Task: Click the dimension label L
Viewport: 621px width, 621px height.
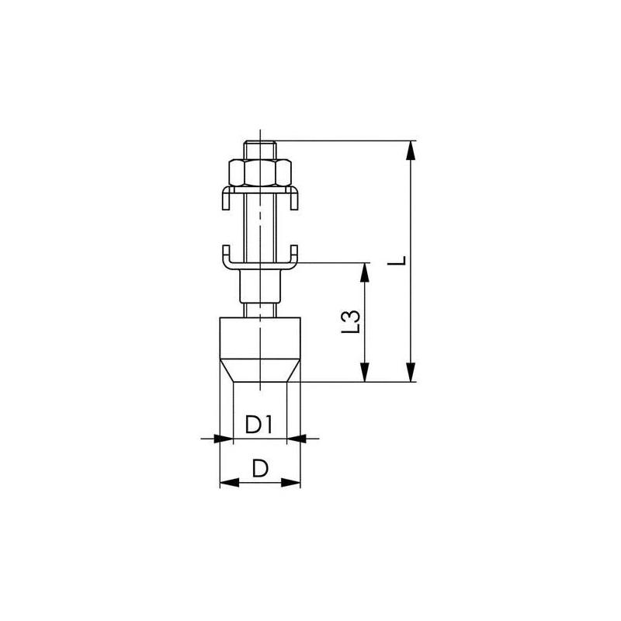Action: (397, 262)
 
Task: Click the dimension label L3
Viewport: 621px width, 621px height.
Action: (352, 322)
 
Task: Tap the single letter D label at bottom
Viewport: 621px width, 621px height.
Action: (260, 468)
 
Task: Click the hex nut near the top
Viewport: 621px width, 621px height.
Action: (260, 172)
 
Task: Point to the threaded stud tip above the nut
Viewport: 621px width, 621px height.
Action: (260, 147)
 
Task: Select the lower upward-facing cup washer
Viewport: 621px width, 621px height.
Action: (260, 260)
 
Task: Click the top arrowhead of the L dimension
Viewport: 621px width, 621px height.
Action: (412, 149)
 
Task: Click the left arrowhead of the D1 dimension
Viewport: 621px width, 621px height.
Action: (226, 439)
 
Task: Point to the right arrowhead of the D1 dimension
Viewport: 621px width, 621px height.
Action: (294, 439)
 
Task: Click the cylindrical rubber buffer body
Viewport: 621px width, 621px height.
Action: (260, 338)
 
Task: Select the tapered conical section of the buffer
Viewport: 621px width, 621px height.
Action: (260, 370)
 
